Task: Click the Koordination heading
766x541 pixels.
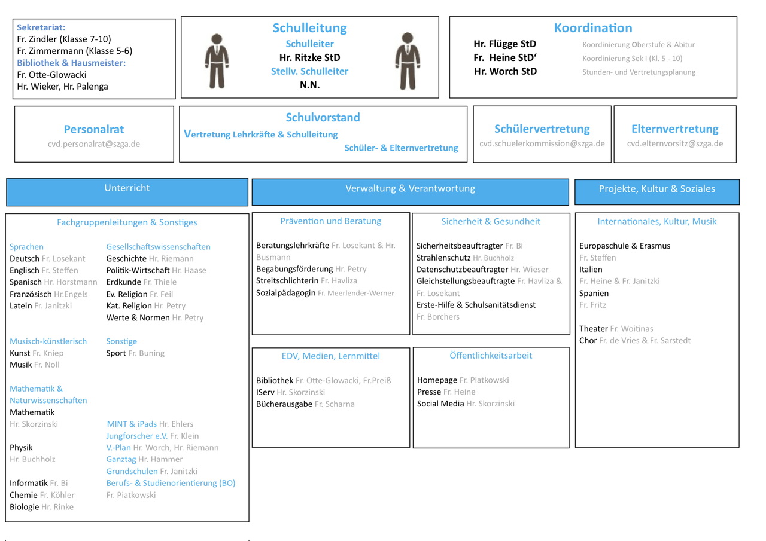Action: [x=592, y=28]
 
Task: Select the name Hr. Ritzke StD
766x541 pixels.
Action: [x=309, y=57]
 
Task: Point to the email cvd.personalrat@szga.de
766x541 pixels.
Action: [x=94, y=144]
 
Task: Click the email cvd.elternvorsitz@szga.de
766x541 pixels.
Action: [x=674, y=143]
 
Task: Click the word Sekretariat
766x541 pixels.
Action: [x=41, y=27]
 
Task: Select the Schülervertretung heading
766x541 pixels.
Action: [x=542, y=129]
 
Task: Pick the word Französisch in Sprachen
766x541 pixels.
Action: [x=31, y=294]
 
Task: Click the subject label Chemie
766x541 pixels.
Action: [x=23, y=495]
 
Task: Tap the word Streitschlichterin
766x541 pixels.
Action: [x=287, y=281]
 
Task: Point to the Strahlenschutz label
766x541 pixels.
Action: [x=443, y=258]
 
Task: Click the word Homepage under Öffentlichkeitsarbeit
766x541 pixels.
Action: [x=437, y=380]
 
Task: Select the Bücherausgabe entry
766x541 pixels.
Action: [x=284, y=404]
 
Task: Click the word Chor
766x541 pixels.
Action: [x=588, y=341]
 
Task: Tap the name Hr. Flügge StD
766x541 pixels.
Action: [x=504, y=44]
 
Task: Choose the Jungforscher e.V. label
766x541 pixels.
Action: [x=136, y=436]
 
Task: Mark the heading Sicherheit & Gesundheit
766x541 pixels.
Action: [x=491, y=221]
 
